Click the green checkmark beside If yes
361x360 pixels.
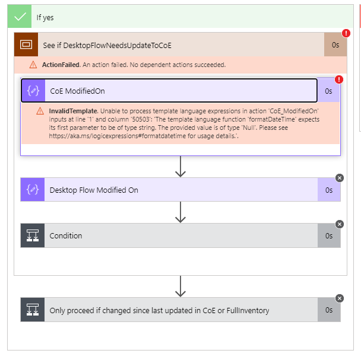point(21,17)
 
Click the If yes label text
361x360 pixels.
point(45,18)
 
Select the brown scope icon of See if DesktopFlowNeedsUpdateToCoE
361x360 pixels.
point(26,44)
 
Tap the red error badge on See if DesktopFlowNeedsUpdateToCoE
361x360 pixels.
point(346,34)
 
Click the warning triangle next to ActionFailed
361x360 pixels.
point(33,65)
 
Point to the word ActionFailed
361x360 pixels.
point(61,65)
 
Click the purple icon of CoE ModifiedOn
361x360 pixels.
point(33,91)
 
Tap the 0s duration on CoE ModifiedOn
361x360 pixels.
point(328,91)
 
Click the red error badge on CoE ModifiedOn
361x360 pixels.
point(339,79)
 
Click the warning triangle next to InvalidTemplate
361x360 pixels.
point(40,111)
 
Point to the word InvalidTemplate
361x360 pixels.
point(74,111)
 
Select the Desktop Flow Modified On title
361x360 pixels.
point(94,190)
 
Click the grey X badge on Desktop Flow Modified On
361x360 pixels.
point(340,178)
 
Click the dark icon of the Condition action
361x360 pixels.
point(33,235)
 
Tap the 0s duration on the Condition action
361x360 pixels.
point(329,235)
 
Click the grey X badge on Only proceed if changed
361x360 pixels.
point(340,298)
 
